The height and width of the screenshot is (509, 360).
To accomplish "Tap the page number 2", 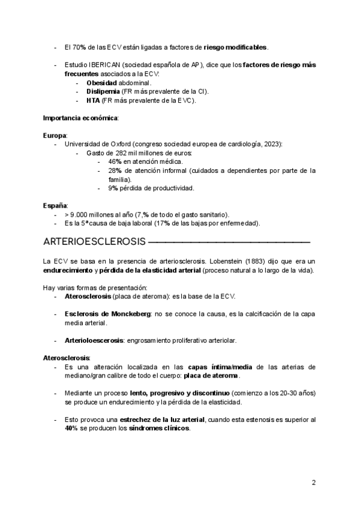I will click(313, 483).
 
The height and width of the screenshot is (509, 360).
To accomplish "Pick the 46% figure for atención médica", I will click(115, 162).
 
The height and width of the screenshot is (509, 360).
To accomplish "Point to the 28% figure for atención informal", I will click(115, 170).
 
